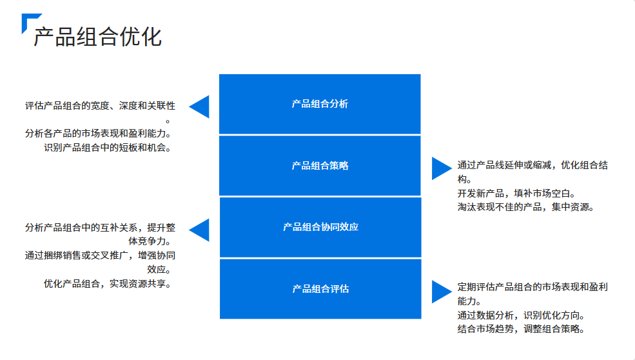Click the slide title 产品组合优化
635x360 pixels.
(97, 37)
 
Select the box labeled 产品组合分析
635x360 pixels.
(320, 104)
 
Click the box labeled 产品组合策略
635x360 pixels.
(320, 166)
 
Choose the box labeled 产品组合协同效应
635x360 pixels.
(320, 227)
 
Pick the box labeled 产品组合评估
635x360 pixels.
(320, 289)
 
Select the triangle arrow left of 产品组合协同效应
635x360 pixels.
(200, 230)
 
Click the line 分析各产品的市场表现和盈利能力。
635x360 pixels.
(101, 134)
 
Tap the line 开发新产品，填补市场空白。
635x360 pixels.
(516, 193)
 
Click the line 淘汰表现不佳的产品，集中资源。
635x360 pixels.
(525, 207)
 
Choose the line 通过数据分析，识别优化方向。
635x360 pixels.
(521, 315)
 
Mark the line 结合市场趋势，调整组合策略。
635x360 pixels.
(521, 329)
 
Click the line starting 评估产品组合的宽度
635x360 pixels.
(101, 106)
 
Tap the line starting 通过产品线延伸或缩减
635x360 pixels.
(532, 165)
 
